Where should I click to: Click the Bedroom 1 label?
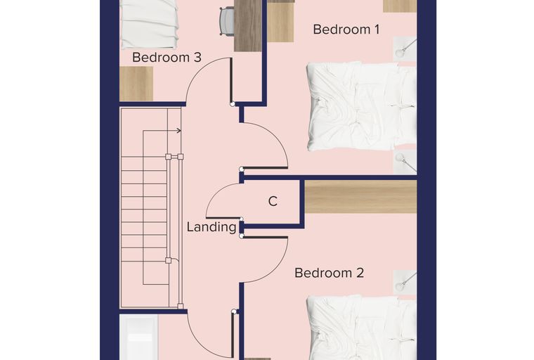pyautogui.click(x=346, y=30)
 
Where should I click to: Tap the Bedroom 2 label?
pyautogui.click(x=329, y=273)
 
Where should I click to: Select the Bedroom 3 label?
pyautogui.click(x=167, y=57)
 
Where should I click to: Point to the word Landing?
pyautogui.click(x=211, y=227)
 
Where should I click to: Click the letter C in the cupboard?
pyautogui.click(x=273, y=202)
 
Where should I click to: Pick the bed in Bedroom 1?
pyautogui.click(x=361, y=106)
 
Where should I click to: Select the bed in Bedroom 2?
pyautogui.click(x=361, y=327)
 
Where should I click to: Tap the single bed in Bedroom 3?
pyautogui.click(x=149, y=24)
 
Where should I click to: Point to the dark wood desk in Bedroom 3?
pyautogui.click(x=248, y=26)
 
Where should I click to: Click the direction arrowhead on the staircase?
pyautogui.click(x=178, y=131)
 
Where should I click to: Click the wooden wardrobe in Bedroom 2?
pyautogui.click(x=360, y=197)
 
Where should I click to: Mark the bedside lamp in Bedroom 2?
pyautogui.click(x=405, y=281)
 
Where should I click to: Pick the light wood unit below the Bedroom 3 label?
pyautogui.click(x=136, y=84)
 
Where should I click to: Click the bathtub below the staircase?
pyautogui.click(x=139, y=337)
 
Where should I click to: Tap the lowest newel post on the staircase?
pyautogui.click(x=180, y=306)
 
